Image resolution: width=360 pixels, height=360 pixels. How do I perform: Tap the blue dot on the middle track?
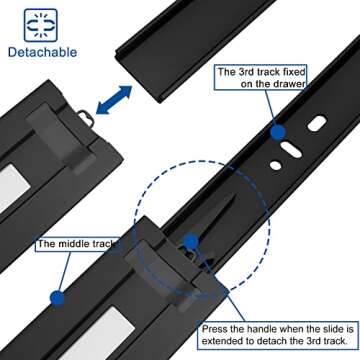(x=56, y=297)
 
